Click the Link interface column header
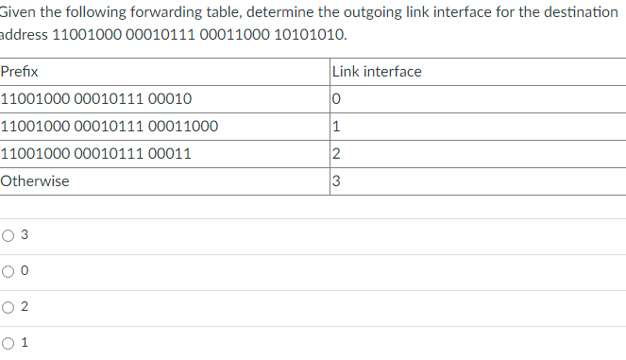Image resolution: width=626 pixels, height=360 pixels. [377, 72]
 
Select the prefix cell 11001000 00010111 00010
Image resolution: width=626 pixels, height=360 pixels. [97, 99]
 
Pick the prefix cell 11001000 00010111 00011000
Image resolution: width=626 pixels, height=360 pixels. [110, 127]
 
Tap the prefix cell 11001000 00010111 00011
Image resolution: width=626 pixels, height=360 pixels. [97, 154]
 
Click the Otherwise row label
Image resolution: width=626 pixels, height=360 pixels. [35, 181]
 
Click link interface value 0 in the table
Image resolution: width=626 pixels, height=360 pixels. [337, 99]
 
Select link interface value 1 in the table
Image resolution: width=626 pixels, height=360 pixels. [337, 127]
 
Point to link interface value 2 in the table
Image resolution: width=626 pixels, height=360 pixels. [337, 154]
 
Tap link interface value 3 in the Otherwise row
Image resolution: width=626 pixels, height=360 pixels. [337, 181]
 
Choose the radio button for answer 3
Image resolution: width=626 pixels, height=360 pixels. [8, 235]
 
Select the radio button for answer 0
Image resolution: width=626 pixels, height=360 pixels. [8, 271]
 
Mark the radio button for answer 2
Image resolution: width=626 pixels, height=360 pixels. [8, 307]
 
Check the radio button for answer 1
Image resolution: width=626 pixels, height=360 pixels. [8, 343]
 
